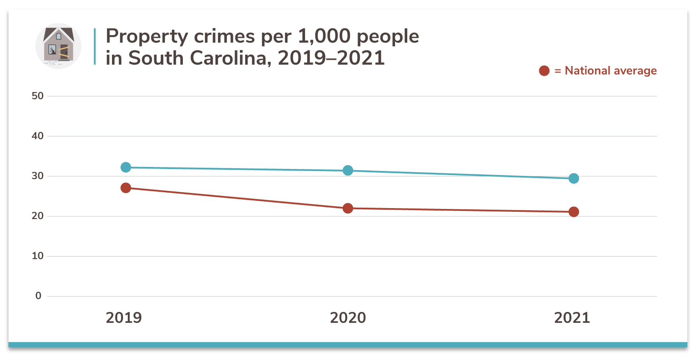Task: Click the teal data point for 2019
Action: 126,167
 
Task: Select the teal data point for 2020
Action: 348,170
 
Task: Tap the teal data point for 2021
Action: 573,178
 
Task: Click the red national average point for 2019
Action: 126,188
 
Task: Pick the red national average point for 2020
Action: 348,208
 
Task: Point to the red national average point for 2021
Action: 573,212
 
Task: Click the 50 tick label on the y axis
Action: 37,96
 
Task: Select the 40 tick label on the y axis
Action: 37,136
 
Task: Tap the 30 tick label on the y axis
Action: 37,176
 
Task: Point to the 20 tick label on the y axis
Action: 37,216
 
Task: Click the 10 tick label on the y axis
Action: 37,256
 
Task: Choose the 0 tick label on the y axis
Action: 38,296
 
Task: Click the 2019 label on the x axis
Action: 124,318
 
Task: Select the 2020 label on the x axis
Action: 348,318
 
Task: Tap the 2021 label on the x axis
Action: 572,318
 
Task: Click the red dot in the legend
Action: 544,71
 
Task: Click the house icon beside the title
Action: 58,46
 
